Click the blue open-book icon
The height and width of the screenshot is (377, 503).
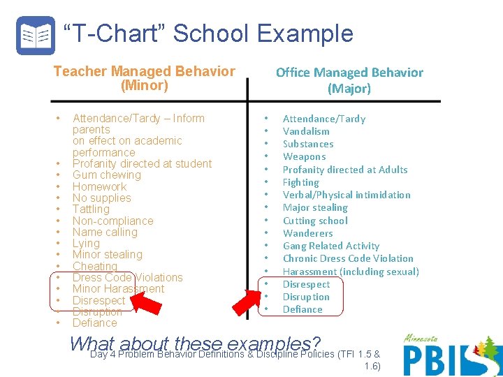35,36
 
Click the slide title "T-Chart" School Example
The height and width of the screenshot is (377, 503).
208,34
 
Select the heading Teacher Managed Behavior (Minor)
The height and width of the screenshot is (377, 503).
145,78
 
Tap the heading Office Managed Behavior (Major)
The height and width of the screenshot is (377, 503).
349,80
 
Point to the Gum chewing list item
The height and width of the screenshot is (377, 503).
107,175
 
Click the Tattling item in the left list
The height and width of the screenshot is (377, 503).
91,209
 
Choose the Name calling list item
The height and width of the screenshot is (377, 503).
105,232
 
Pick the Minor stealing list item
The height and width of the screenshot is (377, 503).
107,255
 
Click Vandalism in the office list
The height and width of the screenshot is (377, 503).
306,131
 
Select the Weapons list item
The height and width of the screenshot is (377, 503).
304,156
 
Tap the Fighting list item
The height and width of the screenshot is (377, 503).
300,182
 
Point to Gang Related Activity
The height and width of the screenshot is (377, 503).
330,246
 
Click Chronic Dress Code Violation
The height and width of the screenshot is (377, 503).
348,258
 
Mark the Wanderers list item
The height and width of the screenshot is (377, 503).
307,233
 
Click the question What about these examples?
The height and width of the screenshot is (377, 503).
196,343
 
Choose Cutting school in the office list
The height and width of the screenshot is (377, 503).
314,221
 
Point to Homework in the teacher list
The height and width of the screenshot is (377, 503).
100,186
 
